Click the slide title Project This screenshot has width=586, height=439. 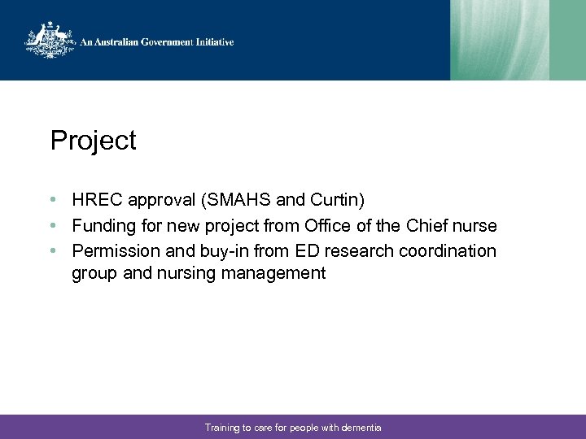[93, 141]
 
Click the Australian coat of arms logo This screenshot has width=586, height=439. [50, 41]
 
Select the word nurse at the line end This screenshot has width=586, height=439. [477, 225]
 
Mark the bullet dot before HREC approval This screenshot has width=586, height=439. [52, 200]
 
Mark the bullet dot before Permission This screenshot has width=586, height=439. [52, 250]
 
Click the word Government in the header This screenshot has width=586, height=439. [161, 41]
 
